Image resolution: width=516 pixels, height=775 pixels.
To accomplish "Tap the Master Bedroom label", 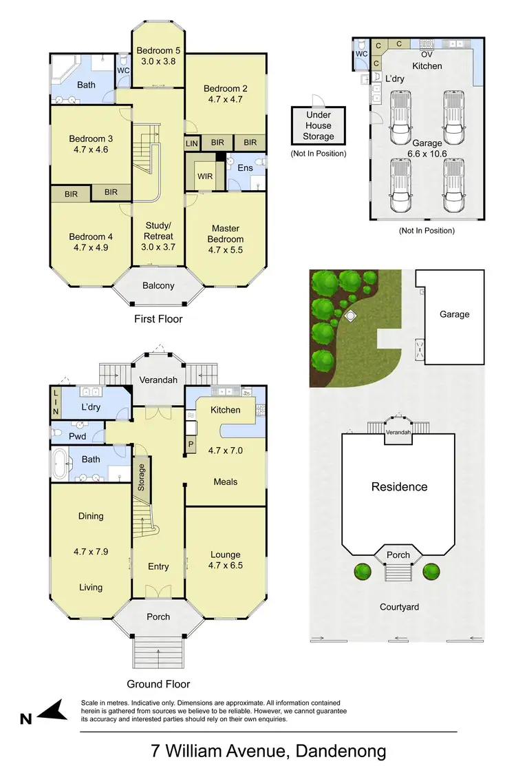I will [226, 234].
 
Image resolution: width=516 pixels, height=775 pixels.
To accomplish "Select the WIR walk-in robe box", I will [204, 176].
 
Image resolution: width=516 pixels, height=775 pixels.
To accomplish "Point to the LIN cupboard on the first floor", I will [192, 143].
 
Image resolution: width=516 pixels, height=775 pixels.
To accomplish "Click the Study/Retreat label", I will [158, 231].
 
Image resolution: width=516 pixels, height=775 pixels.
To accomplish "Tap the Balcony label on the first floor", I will [158, 285].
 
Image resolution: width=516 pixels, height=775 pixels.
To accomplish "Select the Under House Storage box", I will [318, 126].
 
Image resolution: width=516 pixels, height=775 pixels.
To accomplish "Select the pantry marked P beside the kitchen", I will [191, 444].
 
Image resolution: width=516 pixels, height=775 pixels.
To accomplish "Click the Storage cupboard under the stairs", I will [142, 475].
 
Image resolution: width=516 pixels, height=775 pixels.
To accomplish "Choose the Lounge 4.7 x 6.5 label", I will [226, 560].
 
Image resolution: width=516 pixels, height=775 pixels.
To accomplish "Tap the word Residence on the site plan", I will [399, 486].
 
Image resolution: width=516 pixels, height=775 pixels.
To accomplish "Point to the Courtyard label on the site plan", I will [399, 607].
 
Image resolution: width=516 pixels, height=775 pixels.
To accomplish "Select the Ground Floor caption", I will [158, 684].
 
